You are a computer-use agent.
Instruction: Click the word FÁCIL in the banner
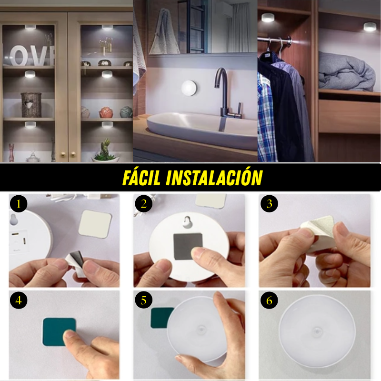click(141, 177)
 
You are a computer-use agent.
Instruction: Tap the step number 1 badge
click(19, 204)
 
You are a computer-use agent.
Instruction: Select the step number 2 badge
click(144, 204)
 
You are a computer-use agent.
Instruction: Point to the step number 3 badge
click(269, 204)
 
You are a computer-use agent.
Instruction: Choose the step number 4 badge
click(19, 301)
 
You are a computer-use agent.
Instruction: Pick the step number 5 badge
click(144, 301)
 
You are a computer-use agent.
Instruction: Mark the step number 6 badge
click(269, 301)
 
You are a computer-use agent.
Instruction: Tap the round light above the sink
click(189, 88)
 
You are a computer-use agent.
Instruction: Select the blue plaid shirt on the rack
click(267, 117)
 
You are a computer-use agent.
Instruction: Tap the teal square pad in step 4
click(59, 331)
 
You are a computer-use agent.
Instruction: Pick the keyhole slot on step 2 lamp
click(187, 222)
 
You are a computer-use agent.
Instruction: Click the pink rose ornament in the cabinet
click(106, 112)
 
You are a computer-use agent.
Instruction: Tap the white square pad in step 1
click(95, 224)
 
